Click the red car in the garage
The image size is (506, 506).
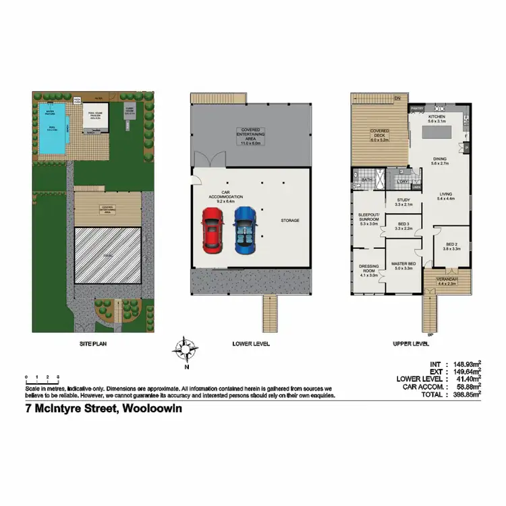[x=213, y=229]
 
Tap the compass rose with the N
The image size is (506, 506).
[x=183, y=349]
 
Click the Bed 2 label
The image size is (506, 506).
[x=451, y=246]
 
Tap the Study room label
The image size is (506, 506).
[x=403, y=202]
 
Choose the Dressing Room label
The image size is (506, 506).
[x=368, y=271]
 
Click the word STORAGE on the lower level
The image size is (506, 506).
[x=290, y=221]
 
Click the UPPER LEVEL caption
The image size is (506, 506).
[x=411, y=344]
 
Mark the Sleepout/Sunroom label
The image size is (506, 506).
[x=368, y=220]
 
